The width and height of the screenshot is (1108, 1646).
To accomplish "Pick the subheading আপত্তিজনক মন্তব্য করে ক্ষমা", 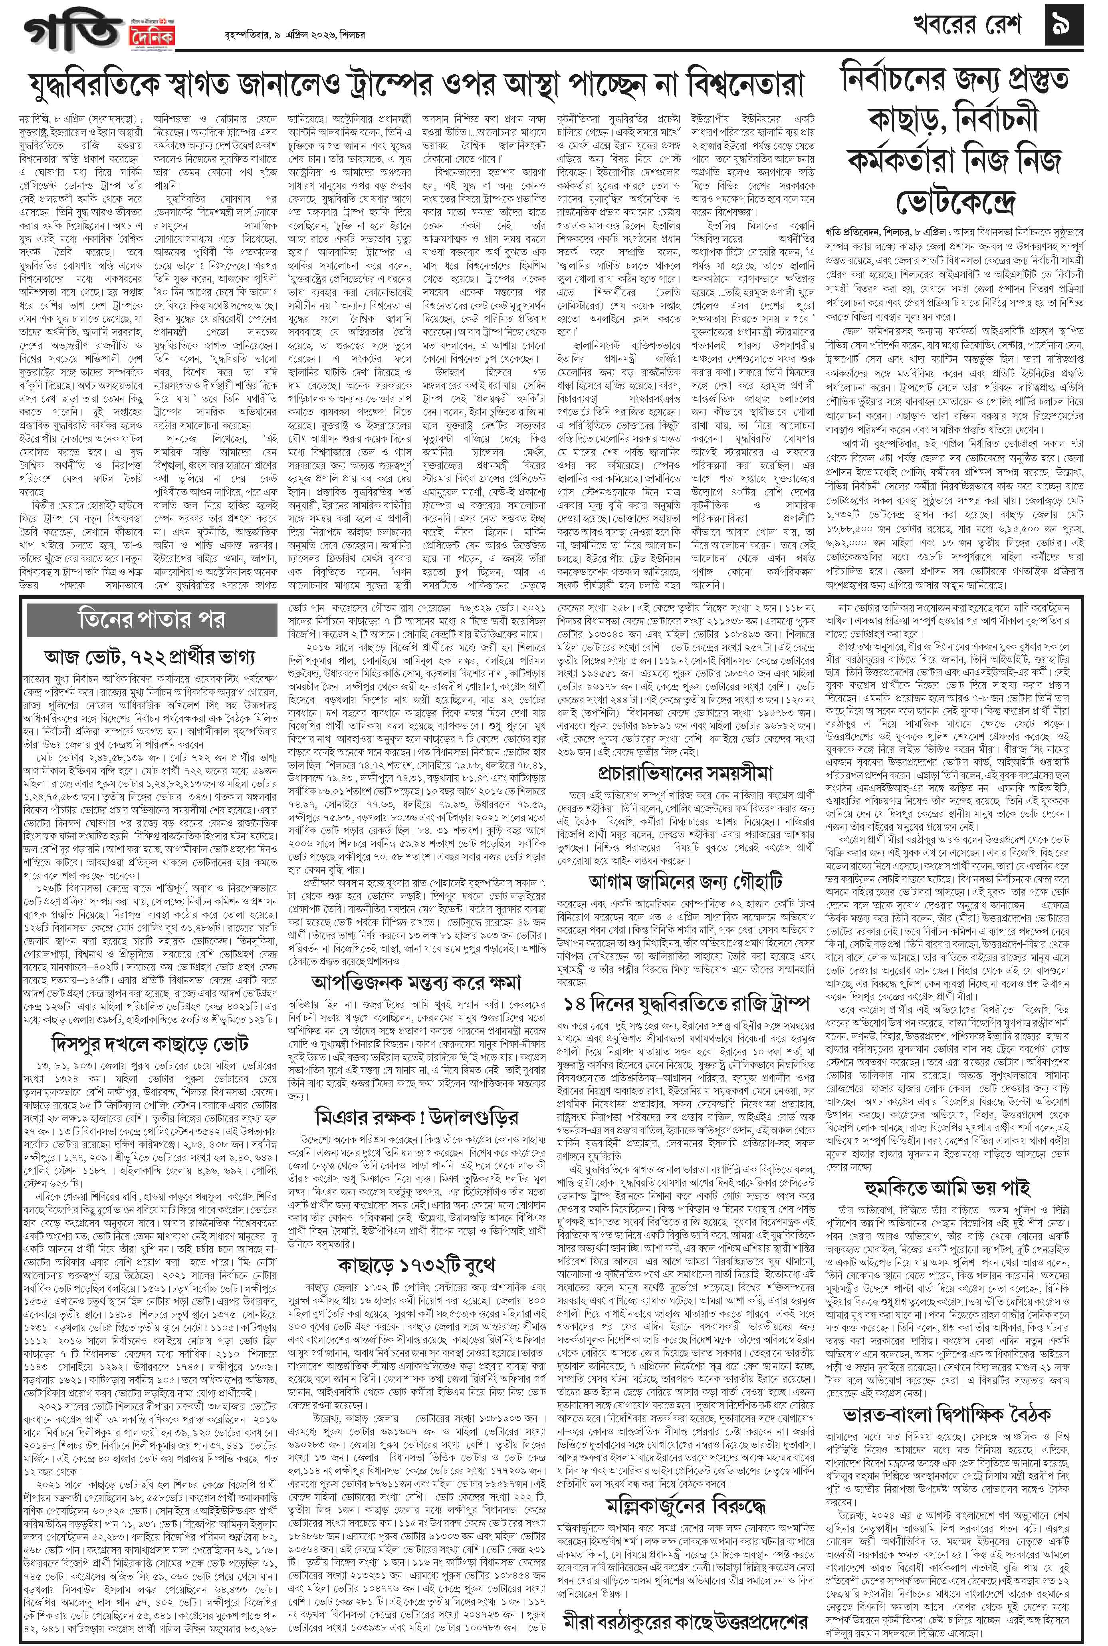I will pos(416,982).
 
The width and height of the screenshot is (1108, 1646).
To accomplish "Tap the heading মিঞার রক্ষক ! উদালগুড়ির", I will pos(416,1117).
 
